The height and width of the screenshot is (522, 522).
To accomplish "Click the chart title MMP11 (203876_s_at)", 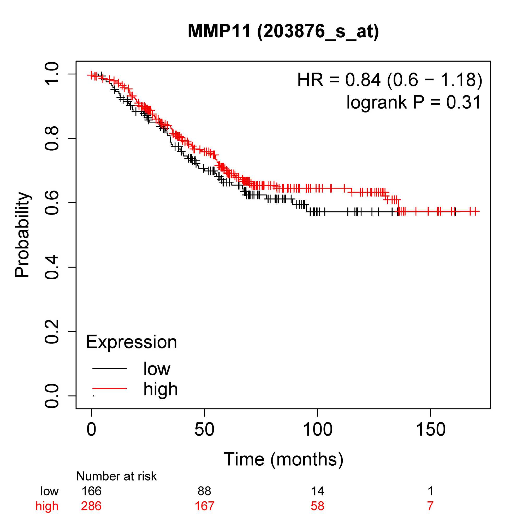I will (283, 31).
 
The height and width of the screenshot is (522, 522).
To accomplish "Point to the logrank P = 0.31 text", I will (414, 102).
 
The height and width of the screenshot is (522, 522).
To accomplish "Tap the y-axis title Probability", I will (22, 235).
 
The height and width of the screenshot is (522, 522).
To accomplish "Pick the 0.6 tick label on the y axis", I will (51, 203).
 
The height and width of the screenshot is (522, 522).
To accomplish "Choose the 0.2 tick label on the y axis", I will (51, 331).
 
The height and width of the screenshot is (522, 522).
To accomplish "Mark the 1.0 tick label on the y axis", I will (51, 74).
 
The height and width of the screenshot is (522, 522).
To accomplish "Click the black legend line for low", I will (109, 368).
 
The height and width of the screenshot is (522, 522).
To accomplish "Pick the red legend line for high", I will (109, 389).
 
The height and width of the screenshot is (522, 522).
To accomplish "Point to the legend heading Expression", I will (131, 342).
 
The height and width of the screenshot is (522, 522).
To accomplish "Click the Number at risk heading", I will (116, 476).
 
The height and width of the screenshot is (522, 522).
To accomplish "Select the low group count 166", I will (91, 491).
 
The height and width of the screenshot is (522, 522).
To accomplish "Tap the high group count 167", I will (204, 506).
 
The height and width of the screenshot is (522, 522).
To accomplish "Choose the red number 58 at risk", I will (317, 506).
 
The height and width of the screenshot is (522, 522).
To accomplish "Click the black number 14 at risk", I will (317, 491).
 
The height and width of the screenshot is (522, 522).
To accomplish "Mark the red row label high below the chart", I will (47, 506).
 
